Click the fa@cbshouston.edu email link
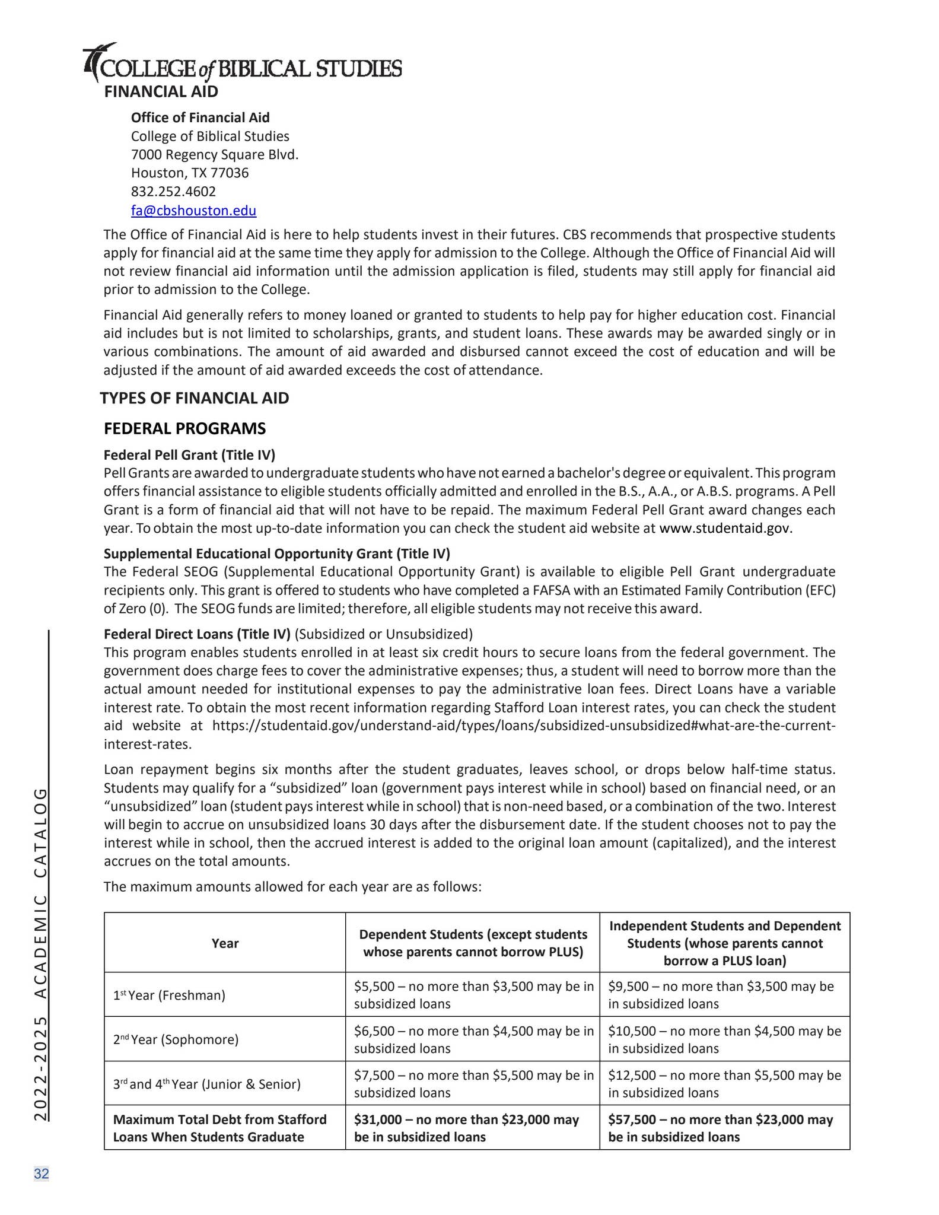coord(193,211)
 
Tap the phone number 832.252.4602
coord(173,192)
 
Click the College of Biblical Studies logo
coord(242,64)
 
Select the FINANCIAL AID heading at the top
coord(161,92)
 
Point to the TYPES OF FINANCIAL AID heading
coord(195,398)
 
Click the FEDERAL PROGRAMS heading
coord(185,428)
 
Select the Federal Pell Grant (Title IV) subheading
coord(189,455)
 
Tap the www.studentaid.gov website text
coord(725,529)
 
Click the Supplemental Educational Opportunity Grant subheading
coord(276,554)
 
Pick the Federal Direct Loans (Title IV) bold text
coord(197,634)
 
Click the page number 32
coord(42,1173)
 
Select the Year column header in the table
coord(225,943)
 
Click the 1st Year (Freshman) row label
coord(169,995)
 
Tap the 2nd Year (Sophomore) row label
coord(176,1039)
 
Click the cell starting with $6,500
coord(473,1039)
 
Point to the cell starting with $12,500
coord(724,1084)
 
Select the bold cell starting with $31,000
coord(466,1128)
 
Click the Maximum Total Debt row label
coord(219,1128)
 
